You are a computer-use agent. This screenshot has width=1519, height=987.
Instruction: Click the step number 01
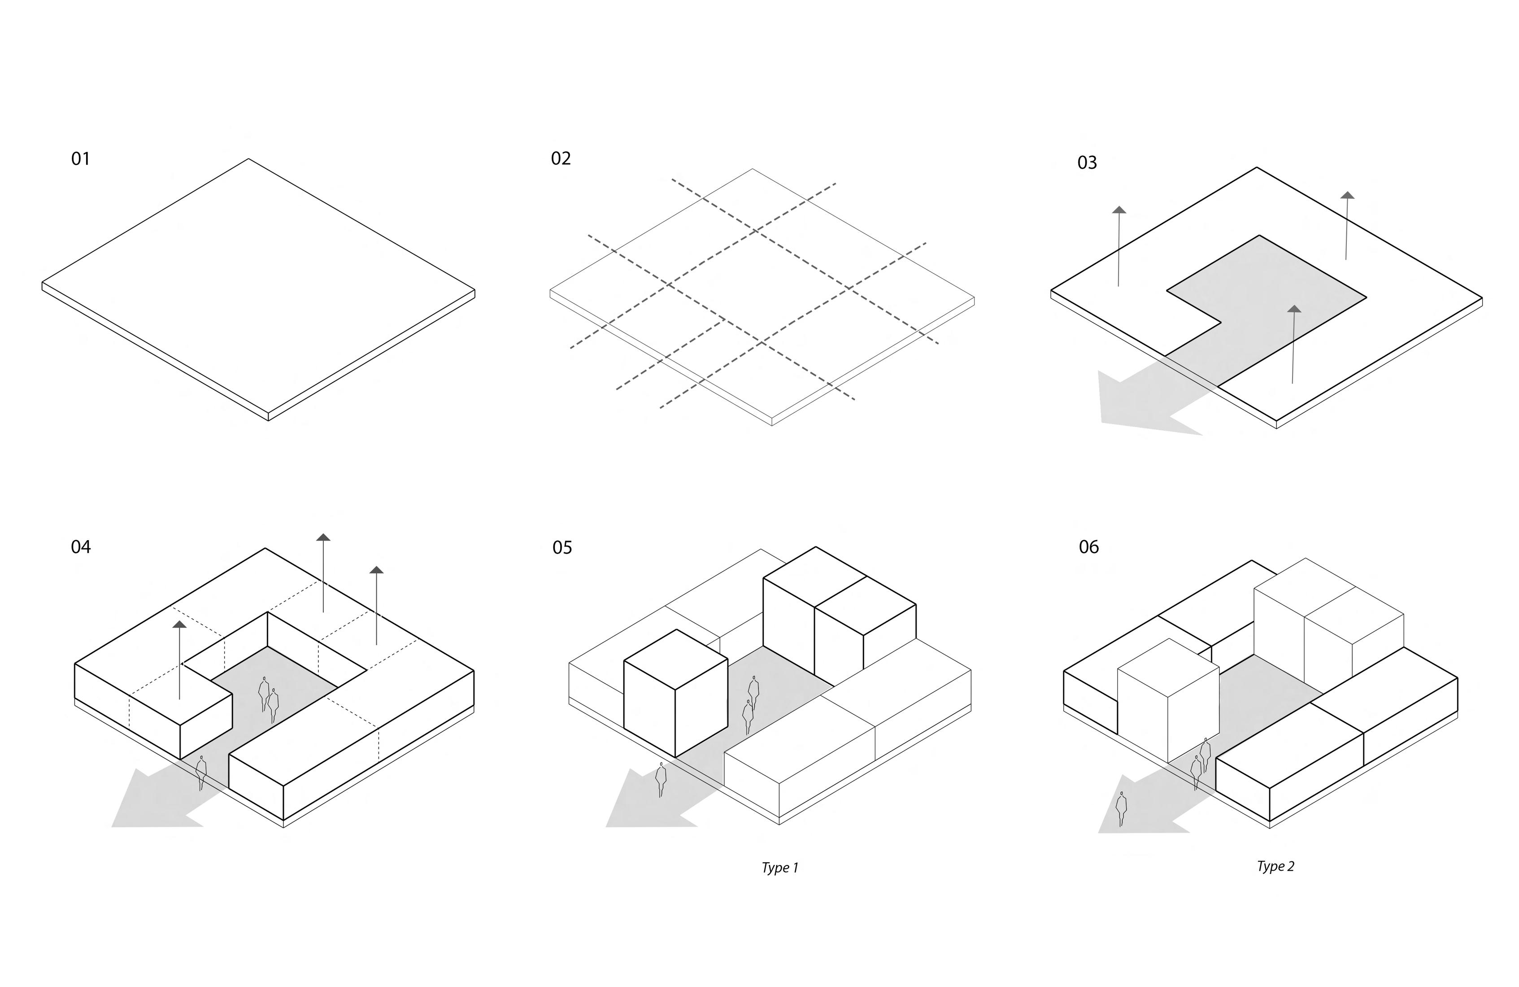[80, 158]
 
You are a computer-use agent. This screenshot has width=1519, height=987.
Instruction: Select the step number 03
[1087, 163]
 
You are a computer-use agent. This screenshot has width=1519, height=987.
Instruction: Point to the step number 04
[80, 546]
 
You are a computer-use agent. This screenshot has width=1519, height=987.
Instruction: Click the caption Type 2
[1275, 866]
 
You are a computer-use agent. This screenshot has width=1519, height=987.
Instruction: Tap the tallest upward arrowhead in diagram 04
[324, 537]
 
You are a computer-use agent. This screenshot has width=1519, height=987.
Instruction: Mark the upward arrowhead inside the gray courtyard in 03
[1294, 309]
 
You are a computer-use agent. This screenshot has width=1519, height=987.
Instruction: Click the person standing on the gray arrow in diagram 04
[201, 773]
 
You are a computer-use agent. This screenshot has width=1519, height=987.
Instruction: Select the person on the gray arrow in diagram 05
[661, 779]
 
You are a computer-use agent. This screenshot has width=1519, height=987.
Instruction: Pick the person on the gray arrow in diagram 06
[1121, 809]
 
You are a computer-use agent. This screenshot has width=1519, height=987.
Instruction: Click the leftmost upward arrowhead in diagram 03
[1119, 210]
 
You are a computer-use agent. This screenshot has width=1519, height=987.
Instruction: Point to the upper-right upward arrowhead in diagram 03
[1347, 195]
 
